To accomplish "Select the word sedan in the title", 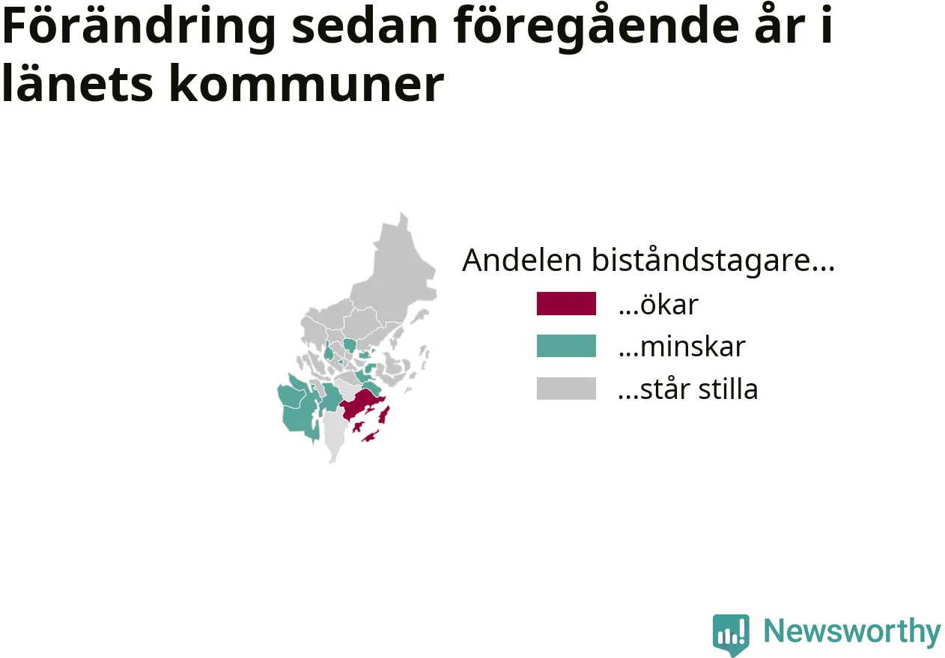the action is coord(365,25).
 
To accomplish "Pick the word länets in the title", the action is coord(78,82).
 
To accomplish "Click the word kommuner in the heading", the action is coord(307,82).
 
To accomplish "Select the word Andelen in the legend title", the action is coord(522,261).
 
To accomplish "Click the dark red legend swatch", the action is coord(566,303).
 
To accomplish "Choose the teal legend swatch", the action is coord(566,346).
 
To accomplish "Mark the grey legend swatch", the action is coord(566,388).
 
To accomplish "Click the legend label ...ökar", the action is coord(658,304).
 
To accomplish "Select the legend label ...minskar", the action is coord(682,347).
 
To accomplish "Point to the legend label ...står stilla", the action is coord(688,389).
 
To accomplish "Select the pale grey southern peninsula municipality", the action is coord(335,433).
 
